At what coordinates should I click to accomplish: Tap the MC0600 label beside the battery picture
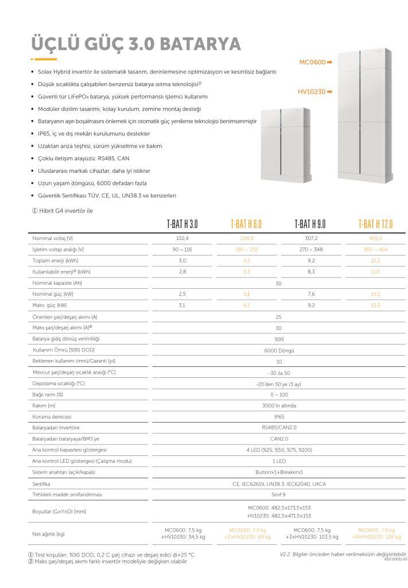coord(312,62)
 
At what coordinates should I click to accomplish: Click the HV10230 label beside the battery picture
coord(312,92)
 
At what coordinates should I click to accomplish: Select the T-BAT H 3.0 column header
coord(182,224)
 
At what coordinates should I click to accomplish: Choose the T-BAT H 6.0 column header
coord(246,224)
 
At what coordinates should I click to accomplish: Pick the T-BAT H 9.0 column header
coord(310,224)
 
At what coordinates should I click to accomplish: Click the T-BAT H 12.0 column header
coord(375,224)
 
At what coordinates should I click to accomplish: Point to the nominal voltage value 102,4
coord(182,238)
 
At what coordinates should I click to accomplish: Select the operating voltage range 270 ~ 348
coord(310,249)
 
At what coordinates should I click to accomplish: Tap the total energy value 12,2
coord(375,260)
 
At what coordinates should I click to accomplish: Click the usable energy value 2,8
coord(182,271)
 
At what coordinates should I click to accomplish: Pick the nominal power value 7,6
coord(310,293)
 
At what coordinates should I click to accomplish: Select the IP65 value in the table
coord(279,416)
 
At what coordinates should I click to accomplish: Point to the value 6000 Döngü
coord(279,350)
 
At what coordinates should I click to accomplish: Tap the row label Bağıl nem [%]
coord(48,394)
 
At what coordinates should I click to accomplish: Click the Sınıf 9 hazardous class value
coord(279,494)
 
